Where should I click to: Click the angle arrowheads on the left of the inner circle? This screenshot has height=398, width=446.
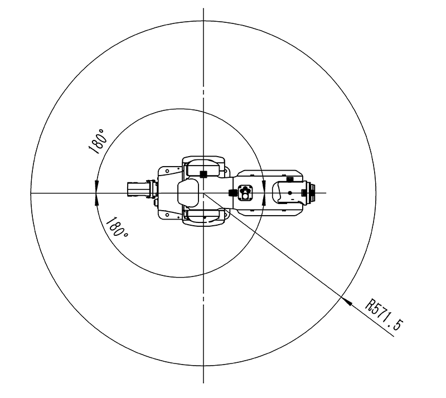point(97,193)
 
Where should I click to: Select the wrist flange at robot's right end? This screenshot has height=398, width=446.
point(311,192)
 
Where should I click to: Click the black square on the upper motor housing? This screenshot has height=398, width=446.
point(203,173)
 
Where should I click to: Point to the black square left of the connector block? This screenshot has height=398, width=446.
point(232,192)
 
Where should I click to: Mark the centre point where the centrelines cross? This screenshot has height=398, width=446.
point(203,193)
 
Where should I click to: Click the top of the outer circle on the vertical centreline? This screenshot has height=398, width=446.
point(203,21)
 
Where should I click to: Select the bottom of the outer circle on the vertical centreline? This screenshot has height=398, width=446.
point(203,366)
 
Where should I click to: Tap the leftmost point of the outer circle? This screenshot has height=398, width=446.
point(31,193)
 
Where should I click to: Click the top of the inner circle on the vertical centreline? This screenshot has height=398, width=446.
point(203,109)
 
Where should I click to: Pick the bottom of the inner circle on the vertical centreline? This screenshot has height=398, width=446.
point(203,277)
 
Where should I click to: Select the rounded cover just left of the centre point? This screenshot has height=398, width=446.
point(188,192)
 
